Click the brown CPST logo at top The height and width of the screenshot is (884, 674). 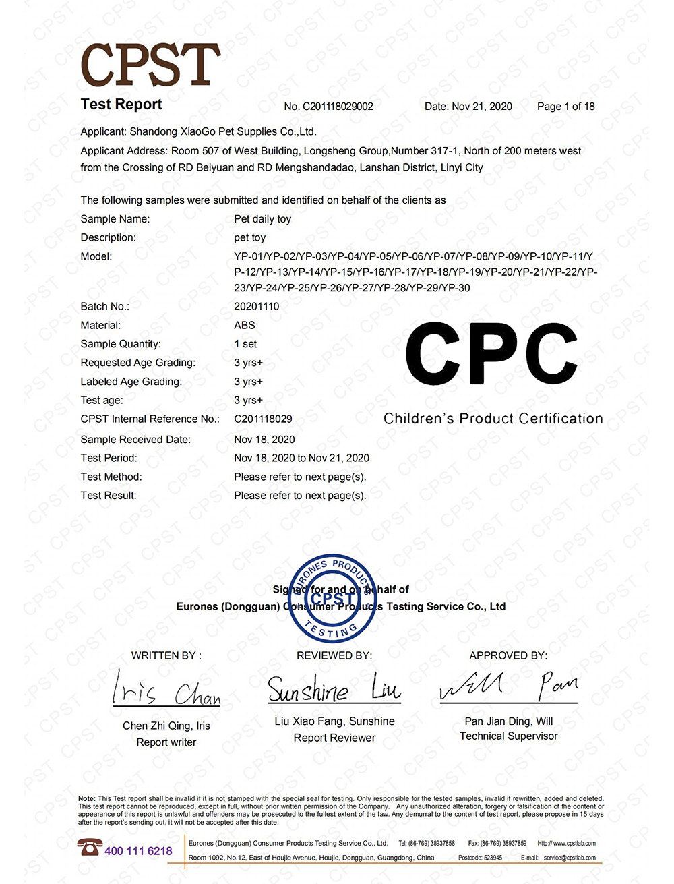pos(150,65)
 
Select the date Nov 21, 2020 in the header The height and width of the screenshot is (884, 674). pos(482,107)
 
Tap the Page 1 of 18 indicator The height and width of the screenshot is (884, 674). pos(565,107)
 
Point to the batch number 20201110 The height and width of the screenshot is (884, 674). pos(256,306)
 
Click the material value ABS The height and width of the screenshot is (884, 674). pos(244,325)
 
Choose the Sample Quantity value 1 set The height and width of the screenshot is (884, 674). pos(245,344)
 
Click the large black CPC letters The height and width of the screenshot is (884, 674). pos(491,354)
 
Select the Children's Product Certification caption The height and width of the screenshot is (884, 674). pos(493,419)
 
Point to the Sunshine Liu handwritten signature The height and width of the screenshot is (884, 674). pos(334,689)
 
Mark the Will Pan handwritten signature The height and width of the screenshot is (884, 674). pos(508,687)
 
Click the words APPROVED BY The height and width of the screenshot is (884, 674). pos(508,655)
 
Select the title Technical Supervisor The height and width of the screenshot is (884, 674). pos(508,736)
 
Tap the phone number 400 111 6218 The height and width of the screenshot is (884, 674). pos(138,851)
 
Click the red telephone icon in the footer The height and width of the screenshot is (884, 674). pos(89,848)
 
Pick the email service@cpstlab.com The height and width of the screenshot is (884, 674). pos(570,858)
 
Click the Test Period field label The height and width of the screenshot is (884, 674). pos(109,458)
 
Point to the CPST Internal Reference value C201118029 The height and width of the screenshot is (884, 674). pos(263,419)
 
